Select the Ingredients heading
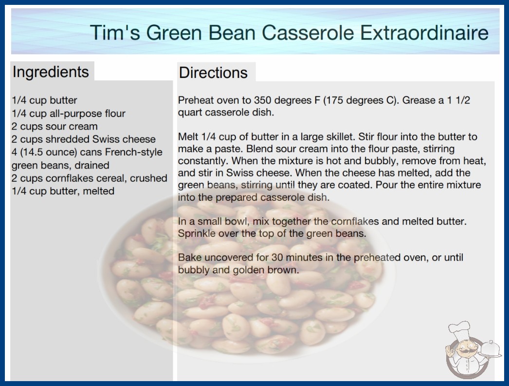click(51, 72)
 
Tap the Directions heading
click(213, 73)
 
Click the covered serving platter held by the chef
click(490, 349)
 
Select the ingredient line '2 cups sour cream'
click(55, 126)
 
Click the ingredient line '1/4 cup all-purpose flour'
click(69, 114)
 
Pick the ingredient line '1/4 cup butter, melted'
click(63, 191)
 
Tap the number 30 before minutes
click(277, 257)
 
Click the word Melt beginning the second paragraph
click(188, 136)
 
